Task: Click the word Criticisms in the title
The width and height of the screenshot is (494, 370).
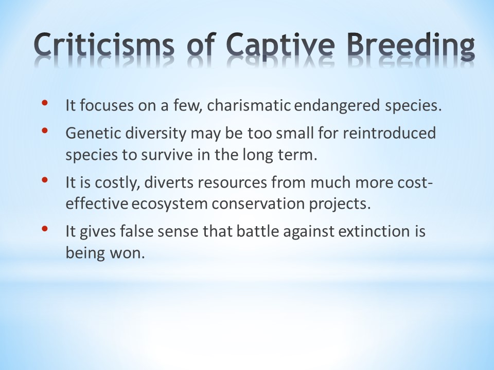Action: click(103, 44)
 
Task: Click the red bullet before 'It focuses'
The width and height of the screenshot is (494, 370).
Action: click(44, 103)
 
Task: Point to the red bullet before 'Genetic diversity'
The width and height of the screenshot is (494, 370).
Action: click(44, 130)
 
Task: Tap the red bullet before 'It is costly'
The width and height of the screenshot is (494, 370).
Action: click(44, 180)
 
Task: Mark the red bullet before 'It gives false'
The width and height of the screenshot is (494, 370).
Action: click(44, 228)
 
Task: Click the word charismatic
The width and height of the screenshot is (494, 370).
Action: click(249, 105)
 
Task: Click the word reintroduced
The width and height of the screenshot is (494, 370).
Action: click(389, 133)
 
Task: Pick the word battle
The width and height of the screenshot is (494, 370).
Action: click(258, 232)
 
